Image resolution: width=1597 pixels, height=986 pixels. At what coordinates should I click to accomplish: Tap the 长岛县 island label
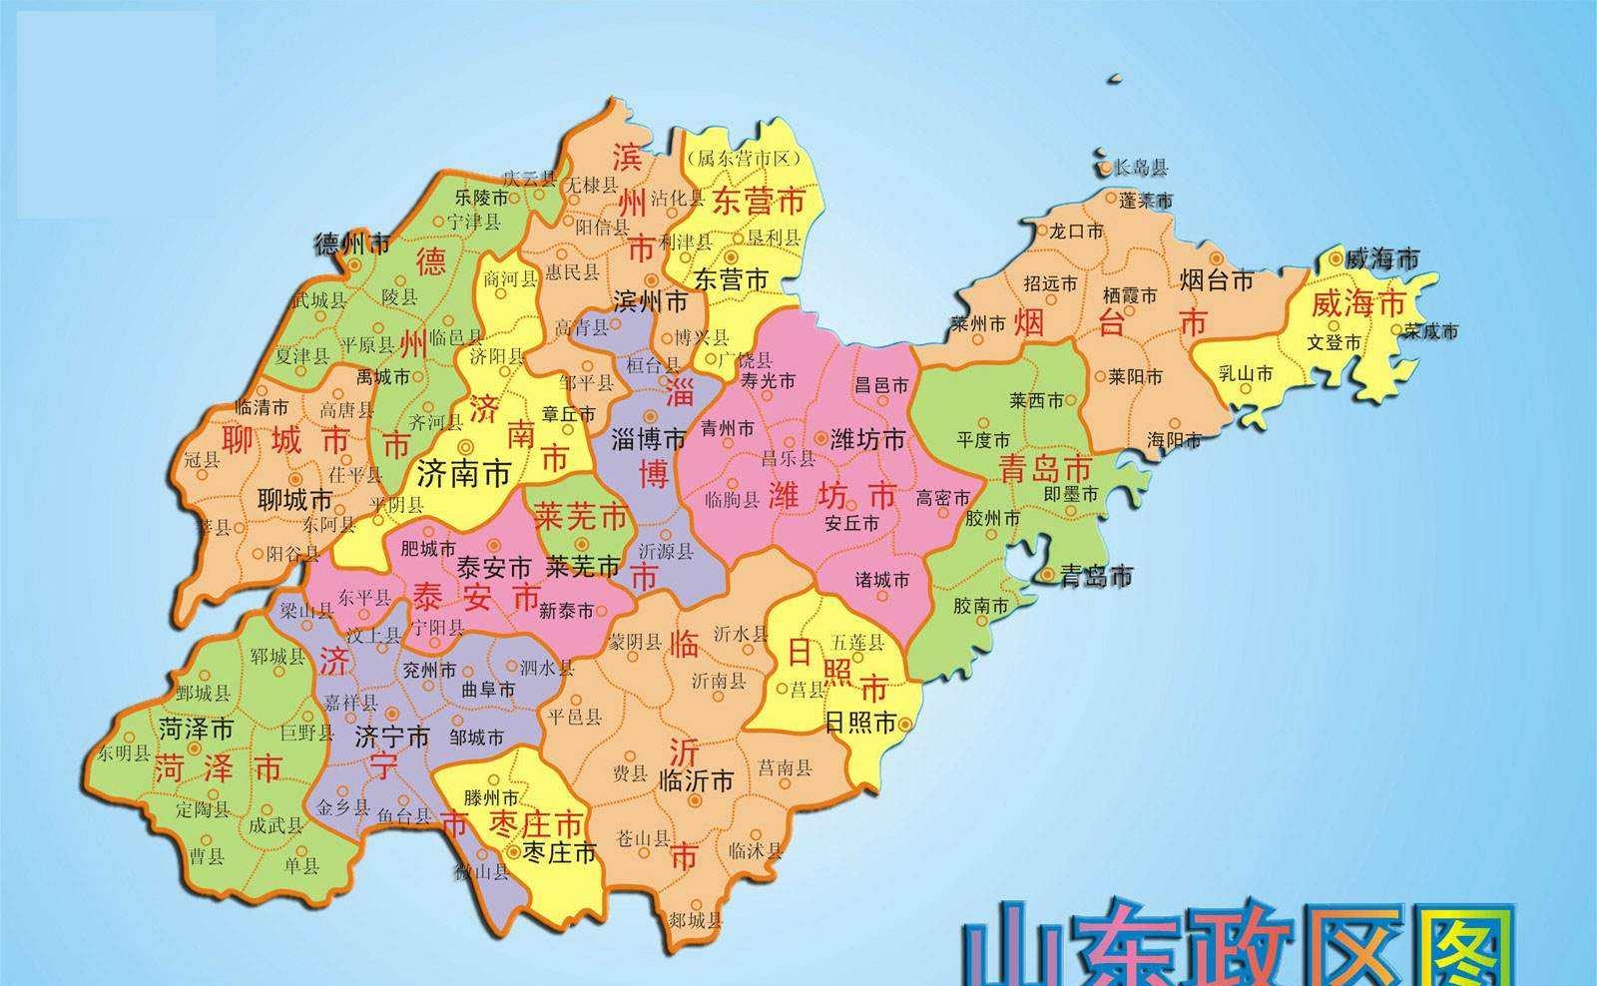[x=1140, y=167]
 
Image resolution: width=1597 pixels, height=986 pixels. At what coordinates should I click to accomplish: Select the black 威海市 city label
[x=1381, y=259]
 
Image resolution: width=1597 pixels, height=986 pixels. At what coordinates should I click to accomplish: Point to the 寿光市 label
[x=769, y=381]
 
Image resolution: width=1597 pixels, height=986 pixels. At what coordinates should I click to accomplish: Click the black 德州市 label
[x=351, y=244]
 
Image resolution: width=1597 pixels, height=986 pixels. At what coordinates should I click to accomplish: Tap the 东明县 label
[x=124, y=753]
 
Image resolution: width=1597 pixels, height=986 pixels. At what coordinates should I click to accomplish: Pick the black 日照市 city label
[x=860, y=724]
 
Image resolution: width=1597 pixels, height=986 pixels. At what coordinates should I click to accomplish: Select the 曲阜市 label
[x=488, y=690]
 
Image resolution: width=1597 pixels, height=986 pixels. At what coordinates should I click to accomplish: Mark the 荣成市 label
[x=1430, y=331]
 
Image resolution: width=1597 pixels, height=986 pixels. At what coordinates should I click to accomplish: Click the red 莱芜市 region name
[x=580, y=516]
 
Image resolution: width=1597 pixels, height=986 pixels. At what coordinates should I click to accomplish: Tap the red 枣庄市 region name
[x=536, y=824]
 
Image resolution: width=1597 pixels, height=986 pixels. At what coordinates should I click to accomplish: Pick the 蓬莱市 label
[x=1145, y=201]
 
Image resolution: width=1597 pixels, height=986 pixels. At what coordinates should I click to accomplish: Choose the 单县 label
[x=300, y=864]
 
